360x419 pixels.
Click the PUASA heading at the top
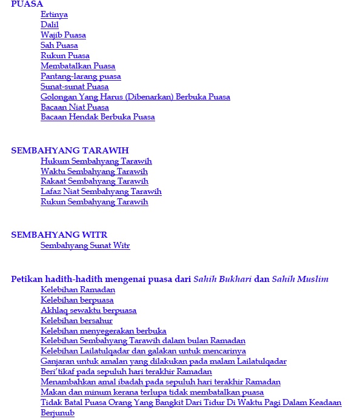pyautogui.click(x=27, y=4)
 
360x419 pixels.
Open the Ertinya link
pyautogui.click(x=54, y=15)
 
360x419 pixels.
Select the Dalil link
pyautogui.click(x=49, y=25)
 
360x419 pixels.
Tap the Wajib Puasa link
pyautogui.click(x=63, y=35)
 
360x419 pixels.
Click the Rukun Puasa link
pyautogui.click(x=65, y=56)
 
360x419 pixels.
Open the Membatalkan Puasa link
pyautogui.click(x=78, y=66)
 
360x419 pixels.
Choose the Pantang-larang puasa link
pyautogui.click(x=81, y=76)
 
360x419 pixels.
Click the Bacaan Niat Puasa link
pyautogui.click(x=75, y=107)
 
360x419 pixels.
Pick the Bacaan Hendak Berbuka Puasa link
pyautogui.click(x=98, y=117)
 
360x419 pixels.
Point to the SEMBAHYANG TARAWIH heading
pyautogui.click(x=70, y=150)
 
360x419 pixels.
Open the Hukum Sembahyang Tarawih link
pyautogui.click(x=96, y=161)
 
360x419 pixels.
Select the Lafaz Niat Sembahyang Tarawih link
pyautogui.click(x=101, y=192)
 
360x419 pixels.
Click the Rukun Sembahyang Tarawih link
pyautogui.click(x=94, y=202)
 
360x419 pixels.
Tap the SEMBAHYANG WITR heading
pyautogui.click(x=59, y=235)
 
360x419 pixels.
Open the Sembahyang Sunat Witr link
pyautogui.click(x=85, y=246)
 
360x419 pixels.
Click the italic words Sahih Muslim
pyautogui.click(x=300, y=280)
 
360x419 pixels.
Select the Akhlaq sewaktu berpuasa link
pyautogui.click(x=88, y=310)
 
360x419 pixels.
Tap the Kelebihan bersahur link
pyautogui.click(x=76, y=321)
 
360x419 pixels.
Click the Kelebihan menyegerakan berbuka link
pyautogui.click(x=103, y=331)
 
